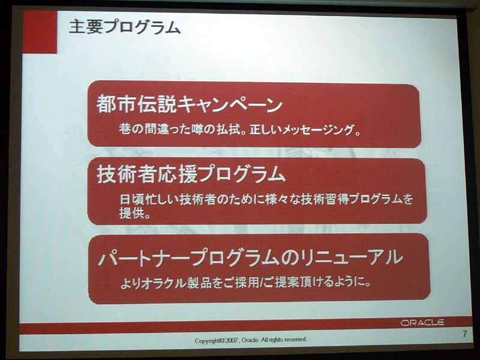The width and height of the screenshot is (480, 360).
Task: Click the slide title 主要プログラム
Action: [125, 28]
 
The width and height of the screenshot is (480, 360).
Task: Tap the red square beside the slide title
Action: [40, 32]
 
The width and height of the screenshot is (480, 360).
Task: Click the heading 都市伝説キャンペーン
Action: [189, 104]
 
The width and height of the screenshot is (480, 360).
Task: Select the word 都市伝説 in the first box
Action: [136, 104]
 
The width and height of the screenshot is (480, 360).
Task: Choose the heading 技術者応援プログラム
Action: [191, 174]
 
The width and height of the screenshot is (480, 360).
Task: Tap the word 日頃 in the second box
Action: [130, 199]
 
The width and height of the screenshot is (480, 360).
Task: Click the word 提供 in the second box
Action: [130, 213]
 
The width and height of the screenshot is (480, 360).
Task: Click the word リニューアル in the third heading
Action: [352, 257]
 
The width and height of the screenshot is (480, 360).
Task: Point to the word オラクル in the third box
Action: [164, 283]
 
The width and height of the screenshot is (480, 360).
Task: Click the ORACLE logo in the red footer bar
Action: [422, 322]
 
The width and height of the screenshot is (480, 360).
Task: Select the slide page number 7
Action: [464, 334]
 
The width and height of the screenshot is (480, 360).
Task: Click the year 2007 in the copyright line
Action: [232, 340]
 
